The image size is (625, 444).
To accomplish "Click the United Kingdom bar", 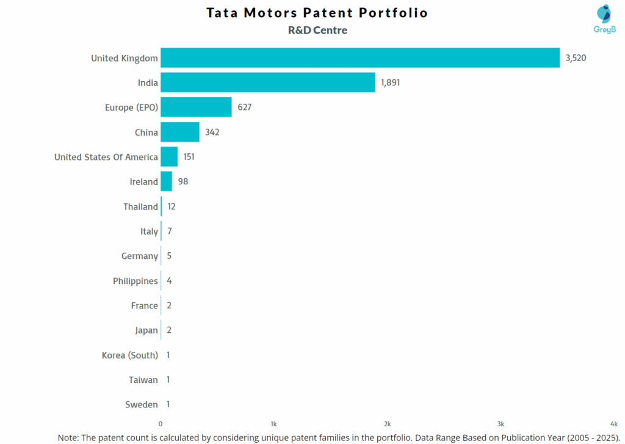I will (x=360, y=58).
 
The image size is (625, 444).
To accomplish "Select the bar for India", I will (x=268, y=82).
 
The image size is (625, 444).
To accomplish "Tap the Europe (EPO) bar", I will (x=196, y=107).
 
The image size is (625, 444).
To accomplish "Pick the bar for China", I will (x=180, y=132).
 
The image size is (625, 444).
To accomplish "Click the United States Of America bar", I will (x=169, y=157).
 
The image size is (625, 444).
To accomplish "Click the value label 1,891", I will (x=390, y=82).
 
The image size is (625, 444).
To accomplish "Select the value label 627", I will (x=244, y=107).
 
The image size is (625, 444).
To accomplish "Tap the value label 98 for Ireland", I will (x=183, y=181).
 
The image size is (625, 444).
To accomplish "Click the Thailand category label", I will (x=140, y=206).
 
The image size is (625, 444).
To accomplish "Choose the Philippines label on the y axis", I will (x=135, y=281).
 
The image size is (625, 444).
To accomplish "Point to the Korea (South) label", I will (x=130, y=355).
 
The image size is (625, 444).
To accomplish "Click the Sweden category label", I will (x=142, y=404).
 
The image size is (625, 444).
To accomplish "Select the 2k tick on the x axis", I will (x=387, y=424).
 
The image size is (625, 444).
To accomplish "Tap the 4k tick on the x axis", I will (x=614, y=424).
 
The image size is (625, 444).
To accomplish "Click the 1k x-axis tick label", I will (x=273, y=424).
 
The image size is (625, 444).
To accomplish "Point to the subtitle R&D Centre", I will (x=317, y=30).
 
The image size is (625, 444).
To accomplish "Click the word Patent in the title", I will (x=311, y=13).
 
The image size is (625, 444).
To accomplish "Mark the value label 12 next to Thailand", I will (x=172, y=206).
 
